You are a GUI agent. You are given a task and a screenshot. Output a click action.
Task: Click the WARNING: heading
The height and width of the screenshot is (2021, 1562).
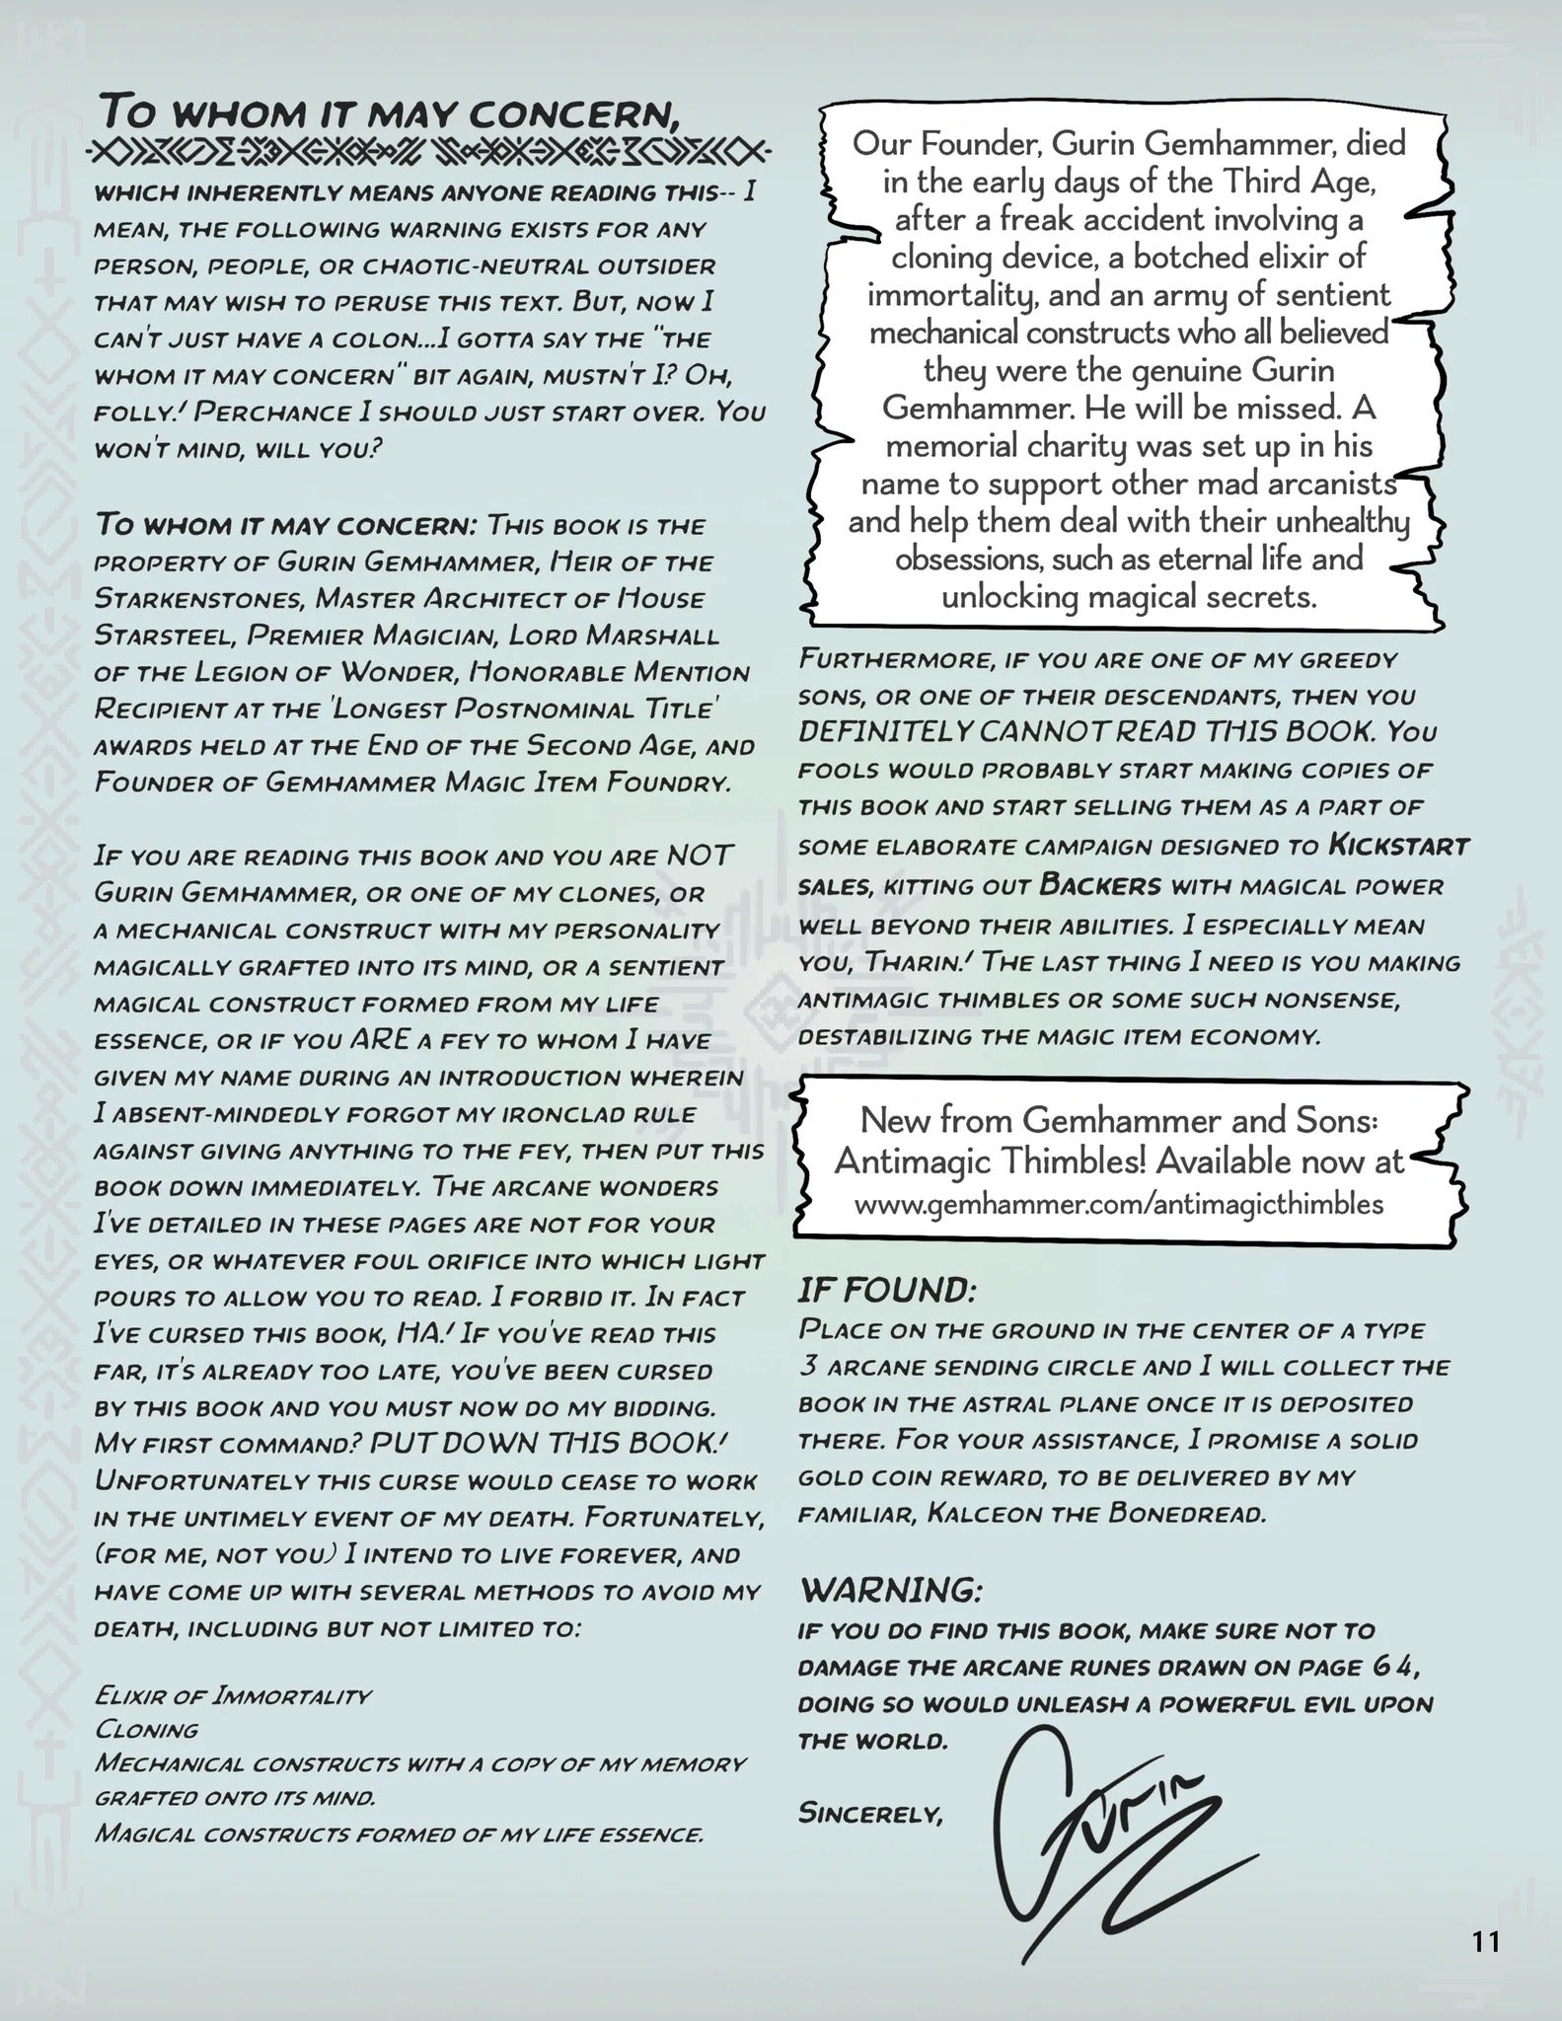point(891,1590)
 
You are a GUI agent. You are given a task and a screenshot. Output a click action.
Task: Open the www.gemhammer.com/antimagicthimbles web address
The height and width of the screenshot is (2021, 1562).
point(1119,1204)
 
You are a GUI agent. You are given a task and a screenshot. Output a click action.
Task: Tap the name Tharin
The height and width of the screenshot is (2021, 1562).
point(903,962)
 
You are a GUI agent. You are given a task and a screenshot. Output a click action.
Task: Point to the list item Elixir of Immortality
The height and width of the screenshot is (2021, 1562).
point(233,1696)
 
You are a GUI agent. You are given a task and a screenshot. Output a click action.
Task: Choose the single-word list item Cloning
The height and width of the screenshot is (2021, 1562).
point(146,1729)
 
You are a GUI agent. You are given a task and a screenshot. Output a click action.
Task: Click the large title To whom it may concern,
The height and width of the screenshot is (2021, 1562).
point(391,112)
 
